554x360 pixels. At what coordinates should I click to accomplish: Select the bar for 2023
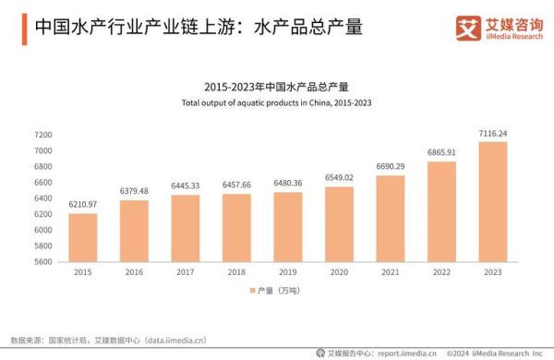[492, 201]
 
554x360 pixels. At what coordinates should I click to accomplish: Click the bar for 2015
[83, 237]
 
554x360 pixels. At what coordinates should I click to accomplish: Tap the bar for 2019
[287, 226]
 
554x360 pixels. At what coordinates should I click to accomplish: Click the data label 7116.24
[492, 133]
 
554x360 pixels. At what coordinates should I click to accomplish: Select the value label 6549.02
[339, 178]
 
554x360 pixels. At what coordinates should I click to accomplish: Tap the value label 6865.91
[441, 152]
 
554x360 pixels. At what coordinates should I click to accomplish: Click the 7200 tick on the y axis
[42, 135]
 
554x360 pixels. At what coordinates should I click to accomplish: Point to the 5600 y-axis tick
[42, 262]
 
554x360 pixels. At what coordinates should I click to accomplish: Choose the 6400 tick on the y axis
[42, 198]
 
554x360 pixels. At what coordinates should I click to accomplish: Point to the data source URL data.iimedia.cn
[175, 340]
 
